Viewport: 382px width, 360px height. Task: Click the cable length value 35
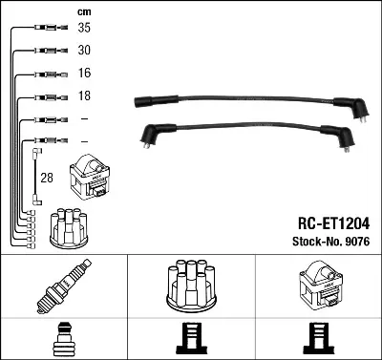tap(84, 28)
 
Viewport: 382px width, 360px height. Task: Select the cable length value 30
tap(84, 50)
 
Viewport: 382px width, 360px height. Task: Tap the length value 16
tap(84, 73)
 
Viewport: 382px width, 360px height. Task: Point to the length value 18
tap(84, 95)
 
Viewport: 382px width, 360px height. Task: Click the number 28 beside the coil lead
tap(47, 178)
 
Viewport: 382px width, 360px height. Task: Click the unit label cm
tap(84, 12)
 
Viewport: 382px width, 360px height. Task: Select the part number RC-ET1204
tap(333, 223)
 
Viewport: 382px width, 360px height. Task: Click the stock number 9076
tap(357, 242)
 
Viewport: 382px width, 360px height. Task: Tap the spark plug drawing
tap(64, 286)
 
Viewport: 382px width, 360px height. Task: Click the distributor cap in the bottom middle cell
tap(191, 286)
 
